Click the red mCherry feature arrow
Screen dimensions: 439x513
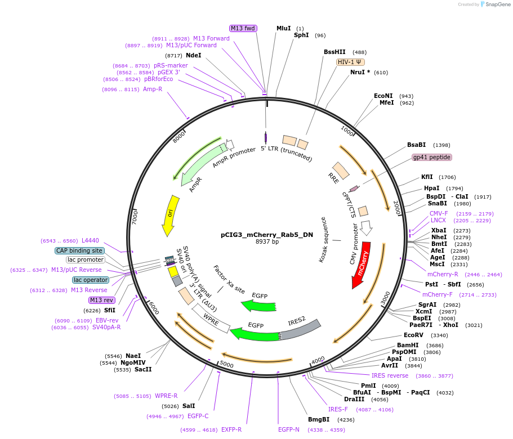(360, 265)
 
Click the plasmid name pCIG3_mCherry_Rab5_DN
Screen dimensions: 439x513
(267, 235)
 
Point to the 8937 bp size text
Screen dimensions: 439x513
(267, 242)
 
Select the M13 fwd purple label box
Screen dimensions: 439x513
(243, 28)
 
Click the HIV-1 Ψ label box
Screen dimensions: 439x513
(350, 62)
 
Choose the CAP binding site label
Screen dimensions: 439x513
(79, 250)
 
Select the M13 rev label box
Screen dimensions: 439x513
(102, 300)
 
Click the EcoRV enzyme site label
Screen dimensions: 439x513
(413, 335)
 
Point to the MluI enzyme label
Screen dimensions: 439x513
(283, 28)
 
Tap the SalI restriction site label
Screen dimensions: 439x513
(189, 406)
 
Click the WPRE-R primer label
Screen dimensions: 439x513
(166, 396)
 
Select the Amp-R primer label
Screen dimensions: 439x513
(152, 89)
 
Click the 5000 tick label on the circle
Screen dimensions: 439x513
(226, 365)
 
